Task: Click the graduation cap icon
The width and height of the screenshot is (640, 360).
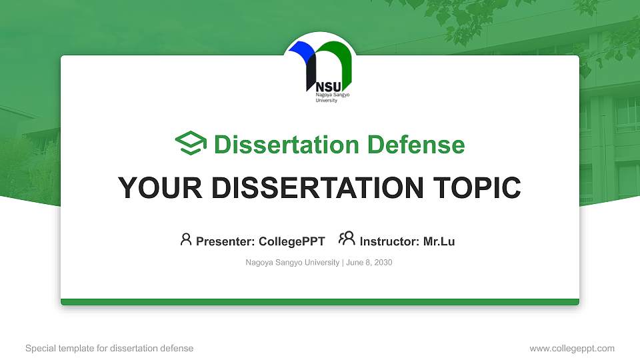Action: (x=191, y=144)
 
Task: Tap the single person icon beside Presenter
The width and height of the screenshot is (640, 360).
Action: (x=186, y=239)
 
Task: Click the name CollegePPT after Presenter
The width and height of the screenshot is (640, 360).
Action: (x=291, y=241)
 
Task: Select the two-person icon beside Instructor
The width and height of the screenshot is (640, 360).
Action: (x=347, y=239)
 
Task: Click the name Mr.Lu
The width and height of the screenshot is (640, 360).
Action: (x=439, y=241)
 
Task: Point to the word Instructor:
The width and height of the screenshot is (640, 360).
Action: (x=390, y=241)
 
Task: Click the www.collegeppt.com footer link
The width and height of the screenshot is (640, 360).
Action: (x=571, y=348)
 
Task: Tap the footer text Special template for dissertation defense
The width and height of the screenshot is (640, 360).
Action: (x=109, y=348)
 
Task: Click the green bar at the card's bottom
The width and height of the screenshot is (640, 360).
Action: (x=320, y=302)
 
